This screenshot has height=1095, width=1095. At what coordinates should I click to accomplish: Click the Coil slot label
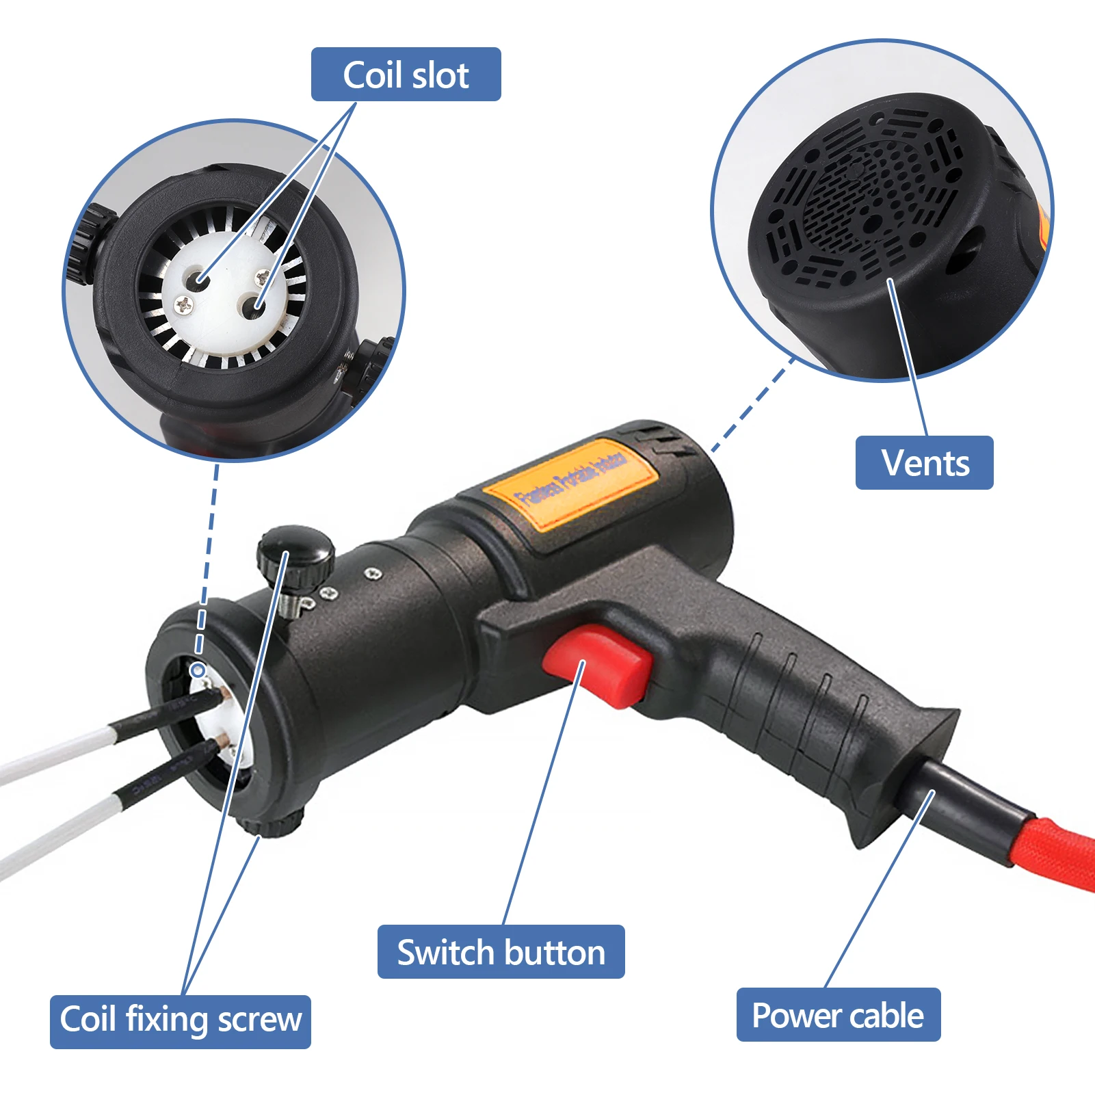pos(406,75)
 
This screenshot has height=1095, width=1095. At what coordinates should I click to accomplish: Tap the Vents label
pos(924,462)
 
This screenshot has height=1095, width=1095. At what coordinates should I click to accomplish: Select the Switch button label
pos(501,952)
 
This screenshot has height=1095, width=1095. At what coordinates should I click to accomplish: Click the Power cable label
pos(838,1015)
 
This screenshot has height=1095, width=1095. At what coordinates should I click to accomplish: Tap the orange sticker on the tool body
pos(571,484)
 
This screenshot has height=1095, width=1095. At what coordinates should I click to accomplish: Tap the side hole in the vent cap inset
pos(964,250)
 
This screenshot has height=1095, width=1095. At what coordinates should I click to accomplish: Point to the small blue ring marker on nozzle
pos(198,670)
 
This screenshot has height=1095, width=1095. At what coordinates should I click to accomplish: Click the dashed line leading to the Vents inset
pos(752,404)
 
